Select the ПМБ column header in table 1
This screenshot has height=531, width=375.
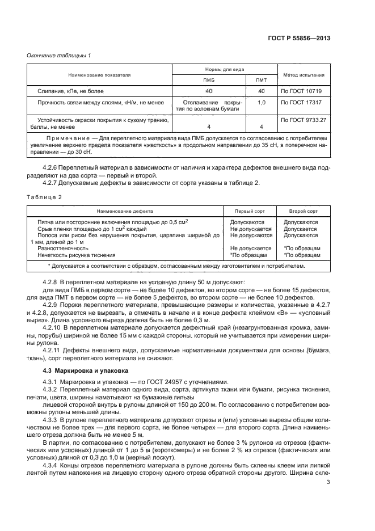pos(209,80)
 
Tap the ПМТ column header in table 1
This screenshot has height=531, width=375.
pos(262,80)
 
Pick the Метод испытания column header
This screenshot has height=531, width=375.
pos(303,74)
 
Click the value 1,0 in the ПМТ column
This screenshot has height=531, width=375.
pos(262,103)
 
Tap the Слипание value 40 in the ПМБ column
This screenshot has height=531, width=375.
pos(209,91)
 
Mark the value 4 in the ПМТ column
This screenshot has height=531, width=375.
pos(262,127)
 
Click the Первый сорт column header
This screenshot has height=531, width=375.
pos(250,210)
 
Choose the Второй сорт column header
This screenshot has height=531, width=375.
pos(304,210)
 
